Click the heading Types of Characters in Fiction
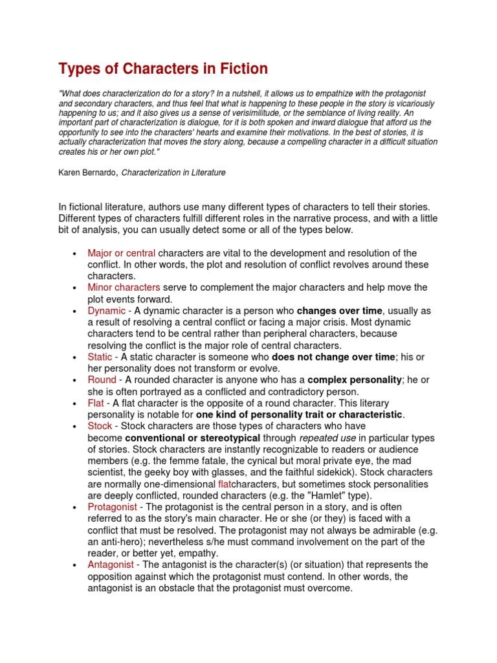(x=163, y=68)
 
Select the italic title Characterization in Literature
(x=174, y=173)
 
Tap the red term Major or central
(x=122, y=253)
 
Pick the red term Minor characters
(x=124, y=287)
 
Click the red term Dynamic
(x=107, y=311)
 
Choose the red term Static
(x=100, y=357)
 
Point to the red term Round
(x=102, y=380)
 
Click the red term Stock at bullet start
(x=100, y=426)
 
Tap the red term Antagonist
(x=111, y=565)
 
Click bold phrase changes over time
(x=340, y=311)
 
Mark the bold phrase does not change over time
(x=333, y=357)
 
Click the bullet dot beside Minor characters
(x=76, y=287)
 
